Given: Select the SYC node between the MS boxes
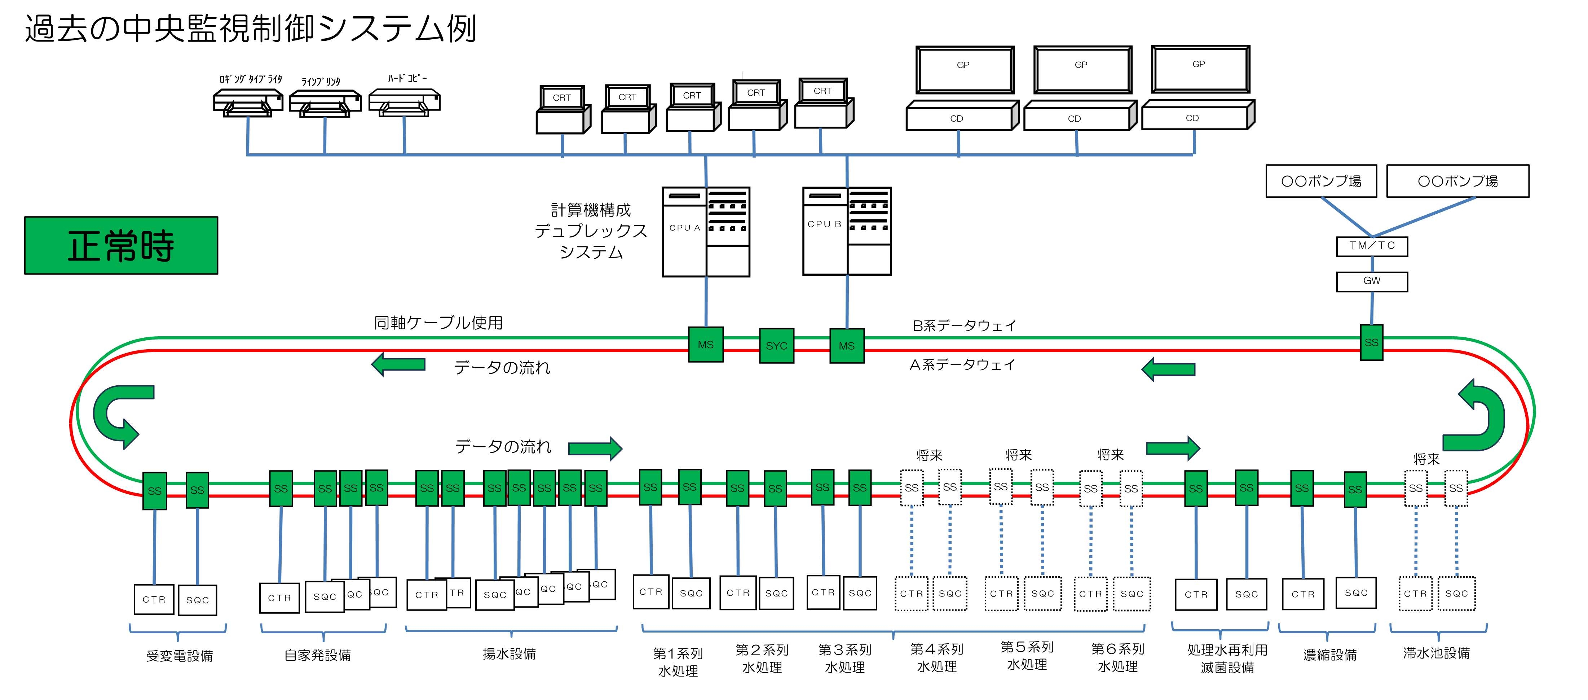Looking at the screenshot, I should pos(776,345).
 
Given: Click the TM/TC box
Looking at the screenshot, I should pos(1372,246).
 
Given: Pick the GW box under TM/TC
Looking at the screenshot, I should pos(1372,281).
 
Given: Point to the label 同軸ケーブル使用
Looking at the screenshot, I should pos(438,323).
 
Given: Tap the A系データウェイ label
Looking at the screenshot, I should pos(962,365).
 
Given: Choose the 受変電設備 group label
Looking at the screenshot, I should pos(180,656).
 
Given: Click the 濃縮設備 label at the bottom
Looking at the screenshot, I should pos(1330,655).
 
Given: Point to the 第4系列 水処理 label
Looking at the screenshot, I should pos(936,657).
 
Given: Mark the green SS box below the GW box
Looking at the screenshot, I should pos(1371,342).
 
